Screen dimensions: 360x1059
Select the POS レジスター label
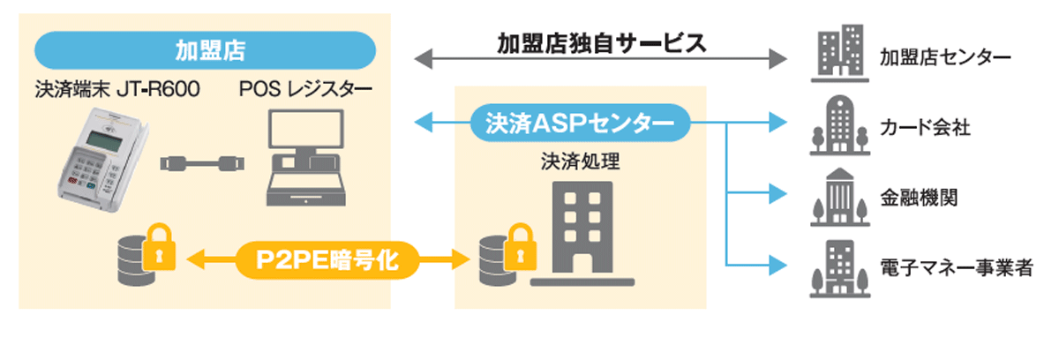click(x=305, y=89)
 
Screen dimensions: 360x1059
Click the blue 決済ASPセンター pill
click(x=579, y=122)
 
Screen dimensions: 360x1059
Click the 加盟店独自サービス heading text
click(x=602, y=43)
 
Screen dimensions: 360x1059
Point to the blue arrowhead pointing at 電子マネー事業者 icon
click(x=777, y=264)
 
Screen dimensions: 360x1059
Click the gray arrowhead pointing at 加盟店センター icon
click(x=777, y=59)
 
